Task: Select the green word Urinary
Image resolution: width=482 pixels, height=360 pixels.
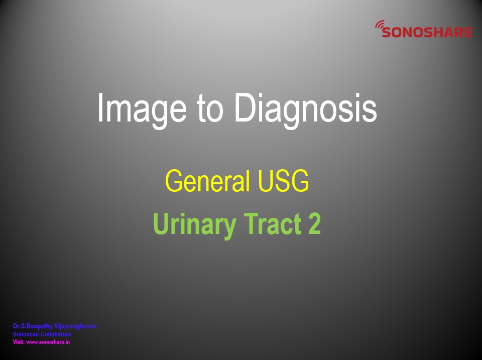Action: click(195, 225)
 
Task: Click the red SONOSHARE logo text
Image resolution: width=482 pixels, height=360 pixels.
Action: click(427, 32)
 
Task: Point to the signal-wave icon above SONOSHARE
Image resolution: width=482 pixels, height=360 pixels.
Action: click(380, 25)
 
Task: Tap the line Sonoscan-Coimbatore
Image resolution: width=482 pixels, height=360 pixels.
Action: click(42, 334)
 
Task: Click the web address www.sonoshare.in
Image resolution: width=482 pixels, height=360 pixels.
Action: click(48, 342)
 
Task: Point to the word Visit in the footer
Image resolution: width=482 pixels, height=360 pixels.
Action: click(18, 342)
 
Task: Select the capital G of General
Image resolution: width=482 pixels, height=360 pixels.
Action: click(174, 180)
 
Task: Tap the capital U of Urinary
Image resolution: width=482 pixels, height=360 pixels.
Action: click(161, 223)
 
